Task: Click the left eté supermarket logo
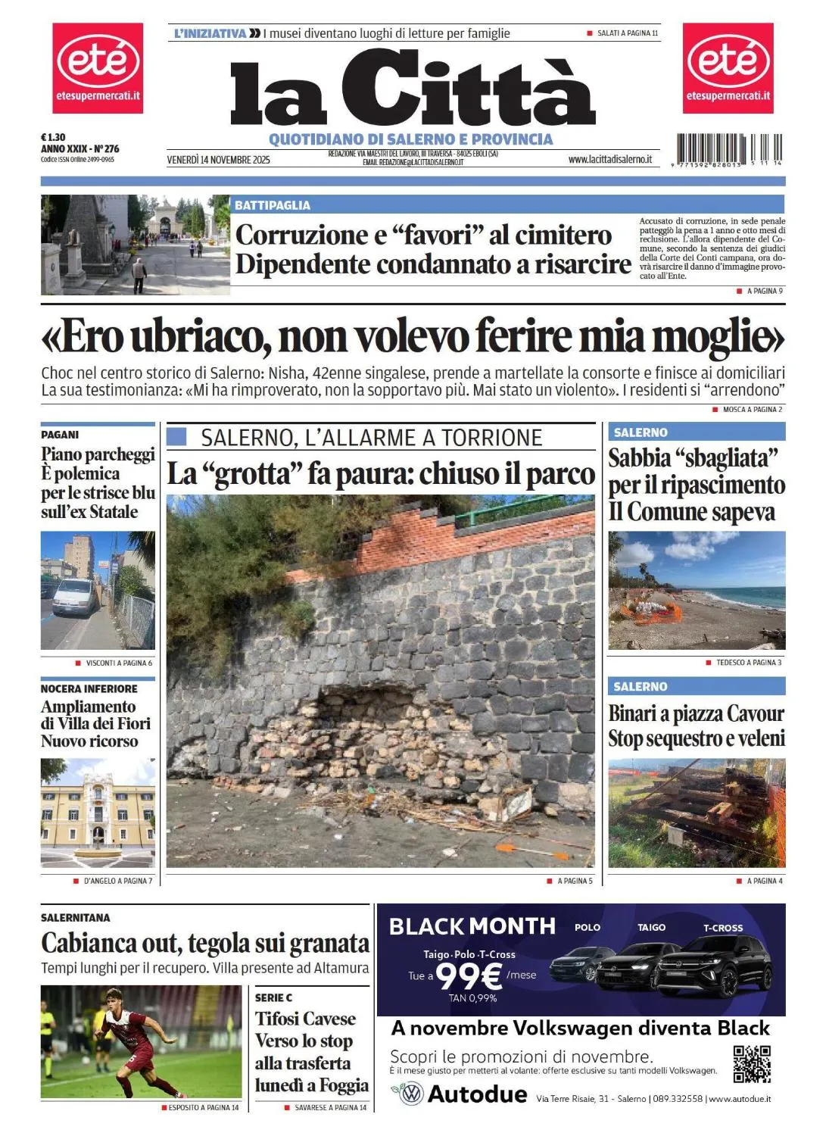coord(98,67)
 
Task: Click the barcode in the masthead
coord(729,149)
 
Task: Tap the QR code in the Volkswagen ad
coord(751,1063)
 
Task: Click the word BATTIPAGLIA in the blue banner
coord(273,205)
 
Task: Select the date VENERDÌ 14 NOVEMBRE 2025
coord(218,160)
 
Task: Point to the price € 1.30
coord(53,138)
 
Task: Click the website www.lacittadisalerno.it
coord(609,160)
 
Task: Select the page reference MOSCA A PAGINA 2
coord(752,410)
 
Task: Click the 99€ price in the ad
coord(469,975)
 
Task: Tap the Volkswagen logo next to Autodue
coord(410,1094)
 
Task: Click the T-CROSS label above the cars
coord(723,928)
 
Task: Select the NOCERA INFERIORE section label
coord(89,689)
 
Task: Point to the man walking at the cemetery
coord(139,274)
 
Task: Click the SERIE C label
coord(273,997)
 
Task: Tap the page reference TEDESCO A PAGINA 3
coord(748,663)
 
